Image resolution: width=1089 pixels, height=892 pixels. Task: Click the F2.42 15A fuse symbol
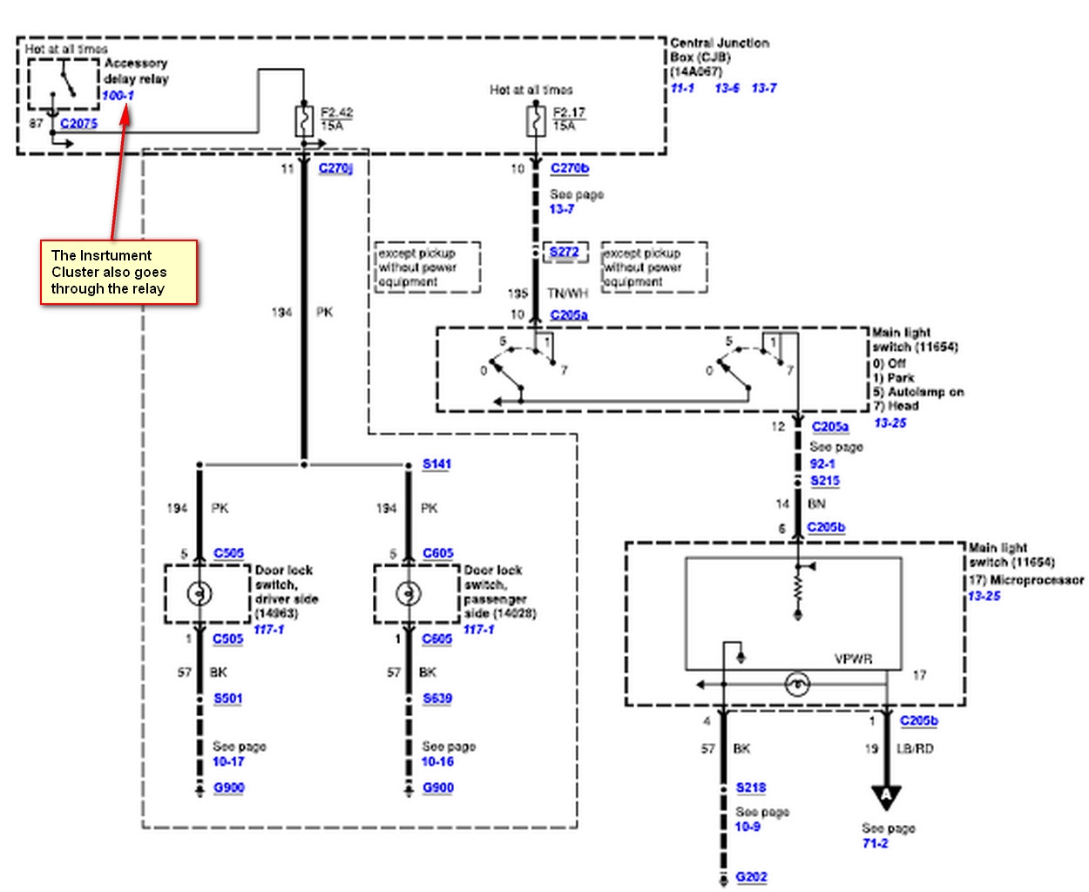(304, 121)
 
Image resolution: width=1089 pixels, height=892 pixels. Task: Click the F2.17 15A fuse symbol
(535, 120)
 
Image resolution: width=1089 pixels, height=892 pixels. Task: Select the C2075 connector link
(78, 124)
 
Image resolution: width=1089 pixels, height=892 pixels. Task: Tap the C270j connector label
(335, 168)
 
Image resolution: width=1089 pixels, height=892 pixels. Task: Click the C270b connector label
(570, 168)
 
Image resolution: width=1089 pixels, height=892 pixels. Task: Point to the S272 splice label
(565, 252)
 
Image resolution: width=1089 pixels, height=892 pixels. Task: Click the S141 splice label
(436, 464)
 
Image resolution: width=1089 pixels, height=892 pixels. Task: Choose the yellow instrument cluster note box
(119, 273)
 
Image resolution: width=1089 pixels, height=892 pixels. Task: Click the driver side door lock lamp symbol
(200, 594)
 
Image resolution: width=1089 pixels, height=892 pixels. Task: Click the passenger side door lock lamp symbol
(408, 594)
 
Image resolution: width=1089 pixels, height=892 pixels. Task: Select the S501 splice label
(228, 699)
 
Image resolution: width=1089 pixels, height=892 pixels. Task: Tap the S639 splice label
(437, 699)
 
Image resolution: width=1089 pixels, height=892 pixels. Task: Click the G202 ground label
(751, 877)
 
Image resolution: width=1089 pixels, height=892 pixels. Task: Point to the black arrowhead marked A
(886, 796)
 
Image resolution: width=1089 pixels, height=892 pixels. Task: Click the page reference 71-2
(875, 843)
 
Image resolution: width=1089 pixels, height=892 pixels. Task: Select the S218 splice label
(751, 787)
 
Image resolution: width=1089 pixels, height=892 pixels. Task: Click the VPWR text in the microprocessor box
(853, 659)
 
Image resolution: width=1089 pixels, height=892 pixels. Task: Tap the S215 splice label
(825, 481)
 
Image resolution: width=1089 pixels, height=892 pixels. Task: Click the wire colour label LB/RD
(915, 749)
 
